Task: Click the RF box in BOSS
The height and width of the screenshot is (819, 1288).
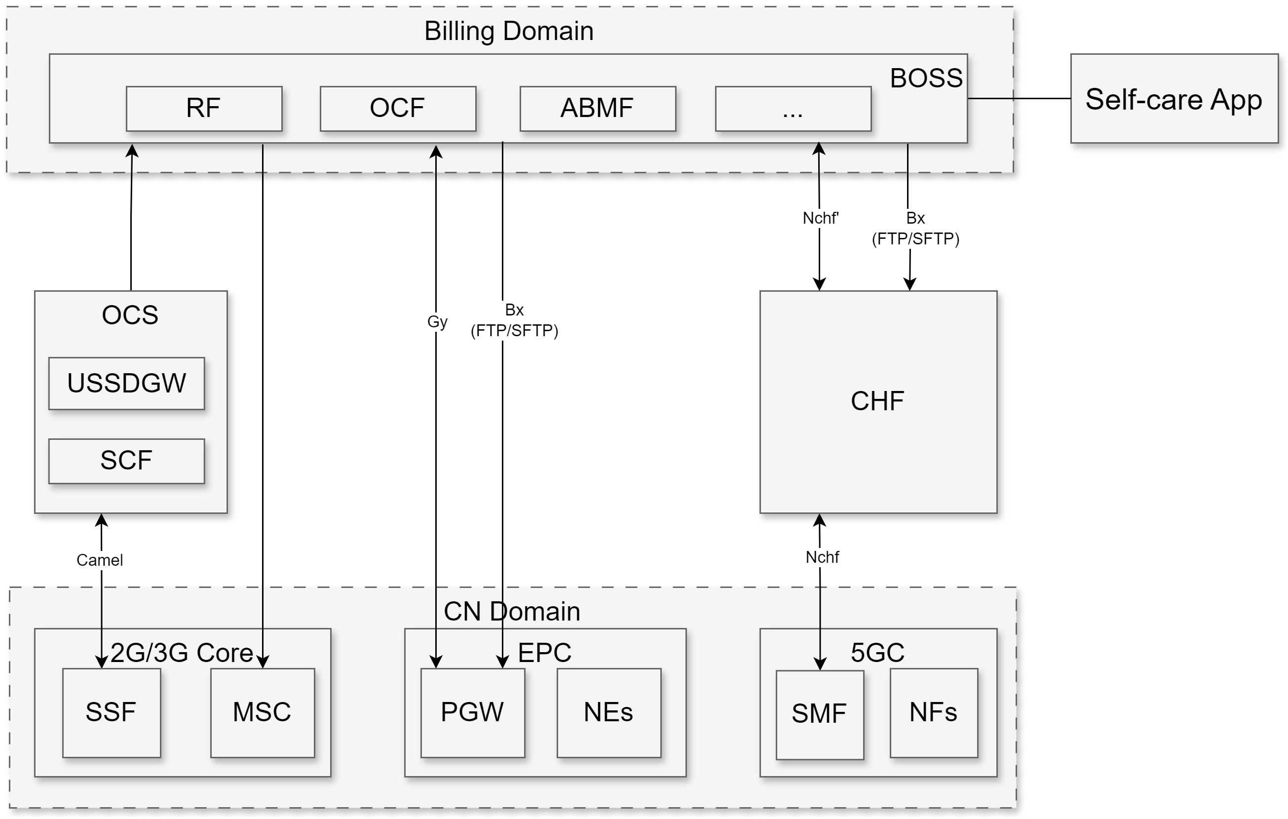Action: coord(204,109)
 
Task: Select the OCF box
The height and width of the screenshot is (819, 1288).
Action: coord(397,109)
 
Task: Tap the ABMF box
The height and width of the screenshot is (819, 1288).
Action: coord(598,109)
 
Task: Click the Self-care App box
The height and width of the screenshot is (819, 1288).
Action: coord(1174,98)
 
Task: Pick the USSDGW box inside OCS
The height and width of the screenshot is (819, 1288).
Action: coord(126,383)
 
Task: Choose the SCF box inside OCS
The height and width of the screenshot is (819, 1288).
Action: coord(126,461)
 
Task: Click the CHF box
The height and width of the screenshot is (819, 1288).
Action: coord(878,401)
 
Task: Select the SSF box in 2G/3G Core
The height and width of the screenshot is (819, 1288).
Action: coord(111,712)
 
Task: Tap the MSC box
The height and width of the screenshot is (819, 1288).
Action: coord(262,712)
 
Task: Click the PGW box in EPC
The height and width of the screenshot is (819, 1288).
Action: coord(472,712)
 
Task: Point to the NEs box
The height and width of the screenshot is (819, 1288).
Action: coord(608,712)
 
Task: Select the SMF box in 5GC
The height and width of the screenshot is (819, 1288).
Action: coord(820,714)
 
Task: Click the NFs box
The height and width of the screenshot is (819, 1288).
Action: coord(933,712)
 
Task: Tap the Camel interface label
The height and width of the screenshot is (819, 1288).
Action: coord(100,560)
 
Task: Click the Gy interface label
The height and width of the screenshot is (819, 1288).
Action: coord(437,321)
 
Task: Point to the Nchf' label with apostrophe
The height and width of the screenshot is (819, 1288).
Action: coord(821,218)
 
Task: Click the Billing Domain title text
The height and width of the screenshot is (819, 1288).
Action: coord(509,31)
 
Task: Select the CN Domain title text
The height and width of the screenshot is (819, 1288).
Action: coord(512,612)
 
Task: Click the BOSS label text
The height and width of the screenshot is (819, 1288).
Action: coord(926,78)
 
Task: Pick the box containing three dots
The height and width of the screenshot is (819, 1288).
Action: coord(793,109)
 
